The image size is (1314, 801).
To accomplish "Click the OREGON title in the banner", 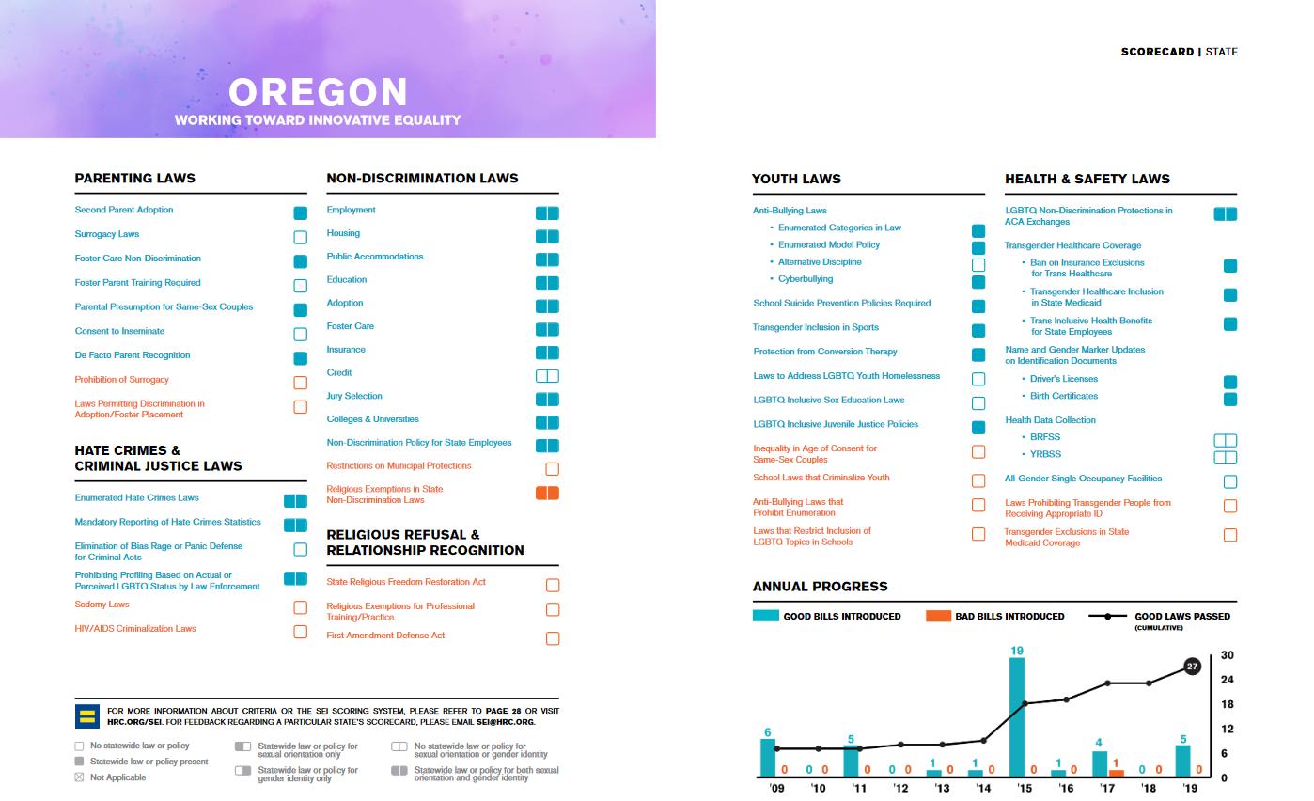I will (318, 92).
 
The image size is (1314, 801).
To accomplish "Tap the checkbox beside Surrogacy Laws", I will (301, 237).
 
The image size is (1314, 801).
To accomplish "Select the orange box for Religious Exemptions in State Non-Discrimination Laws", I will (547, 493).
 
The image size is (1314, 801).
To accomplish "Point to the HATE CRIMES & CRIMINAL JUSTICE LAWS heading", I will (158, 458).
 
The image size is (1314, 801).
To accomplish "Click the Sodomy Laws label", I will (102, 605).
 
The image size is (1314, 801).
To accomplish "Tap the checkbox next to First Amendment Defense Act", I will (553, 638).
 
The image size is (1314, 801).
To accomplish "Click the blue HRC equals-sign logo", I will (87, 716).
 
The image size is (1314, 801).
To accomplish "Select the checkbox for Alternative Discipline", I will (978, 265).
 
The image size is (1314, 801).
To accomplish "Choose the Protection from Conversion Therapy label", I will (825, 352).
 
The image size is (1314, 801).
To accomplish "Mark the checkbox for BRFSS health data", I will (1225, 440).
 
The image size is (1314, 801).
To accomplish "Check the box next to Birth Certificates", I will (1230, 399).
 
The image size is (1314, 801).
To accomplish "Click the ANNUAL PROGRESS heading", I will (820, 587).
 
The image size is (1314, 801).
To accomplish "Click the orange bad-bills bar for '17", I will (1116, 773).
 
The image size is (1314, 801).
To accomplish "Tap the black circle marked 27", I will (1192, 667).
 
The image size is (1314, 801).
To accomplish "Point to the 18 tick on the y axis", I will (1227, 704).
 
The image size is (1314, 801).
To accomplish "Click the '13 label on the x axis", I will (942, 790).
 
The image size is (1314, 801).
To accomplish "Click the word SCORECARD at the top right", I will (1157, 52).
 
